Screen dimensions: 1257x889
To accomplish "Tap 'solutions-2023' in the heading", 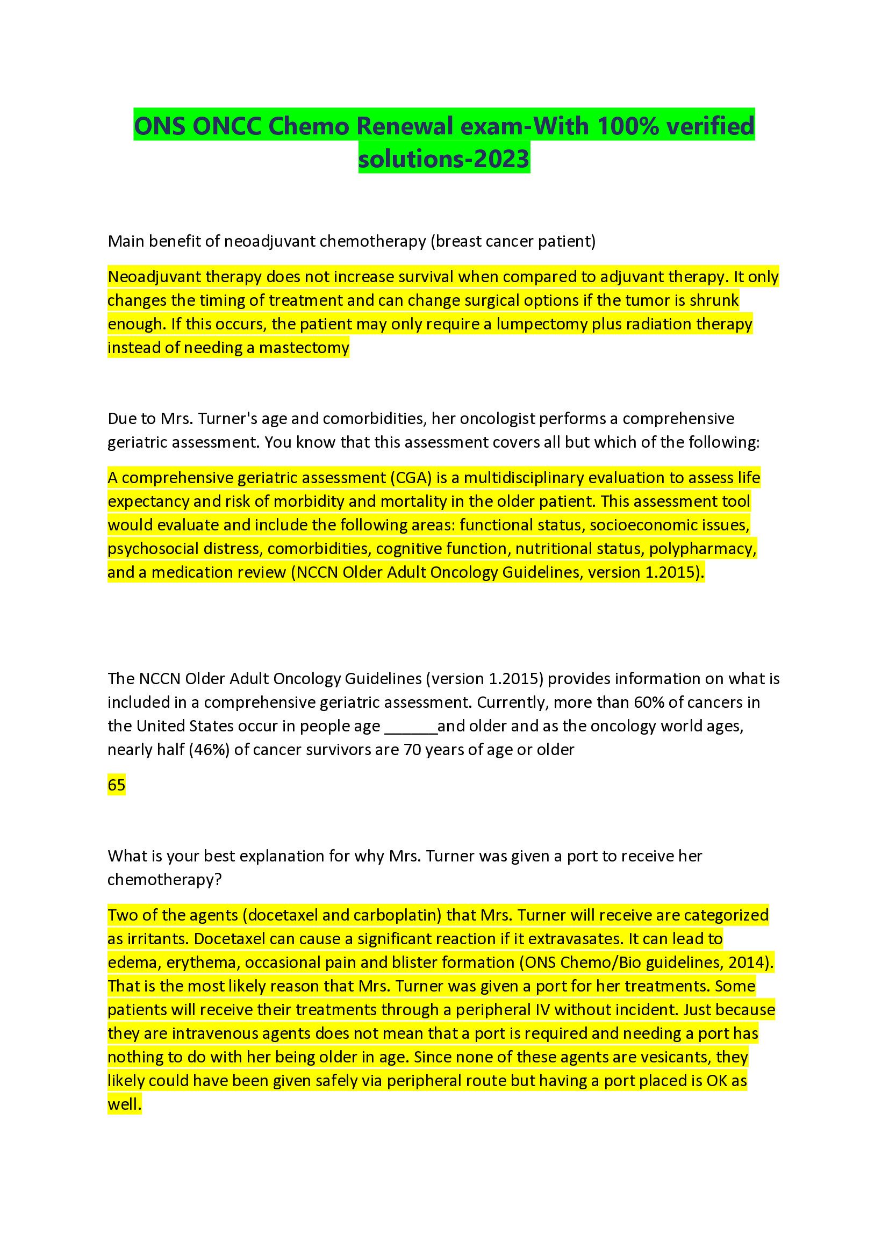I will pyautogui.click(x=443, y=159).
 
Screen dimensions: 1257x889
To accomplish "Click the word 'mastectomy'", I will pyautogui.click(x=304, y=348).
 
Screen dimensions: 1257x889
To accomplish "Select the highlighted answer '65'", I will pyautogui.click(x=117, y=785).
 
